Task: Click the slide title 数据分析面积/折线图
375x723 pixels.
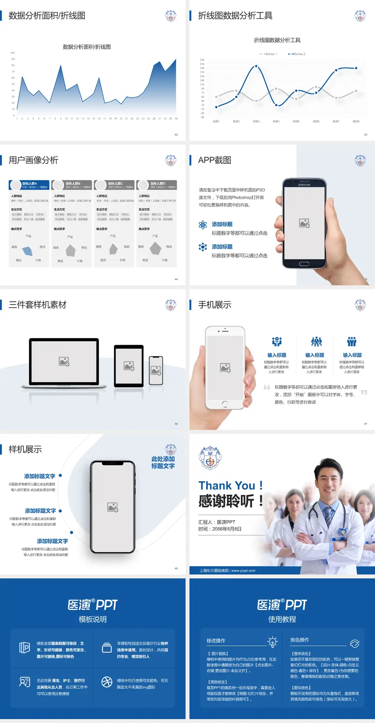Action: [47, 16]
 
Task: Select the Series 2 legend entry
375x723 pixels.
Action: [298, 54]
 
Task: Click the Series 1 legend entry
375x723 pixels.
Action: [269, 54]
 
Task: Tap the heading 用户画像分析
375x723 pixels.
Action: [34, 160]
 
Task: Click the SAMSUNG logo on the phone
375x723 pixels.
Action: [304, 185]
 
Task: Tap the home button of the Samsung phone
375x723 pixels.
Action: [304, 264]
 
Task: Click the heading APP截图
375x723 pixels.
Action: [215, 160]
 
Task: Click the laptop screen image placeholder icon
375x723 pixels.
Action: [64, 361]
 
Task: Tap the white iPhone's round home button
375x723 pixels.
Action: [225, 404]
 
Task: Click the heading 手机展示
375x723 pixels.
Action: [215, 305]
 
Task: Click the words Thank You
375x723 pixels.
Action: [227, 486]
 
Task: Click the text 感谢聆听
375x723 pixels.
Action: [227, 501]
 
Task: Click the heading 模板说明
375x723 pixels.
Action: [93, 619]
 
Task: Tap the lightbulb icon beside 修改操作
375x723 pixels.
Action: [272, 642]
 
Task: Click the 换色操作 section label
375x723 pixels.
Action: [300, 640]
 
